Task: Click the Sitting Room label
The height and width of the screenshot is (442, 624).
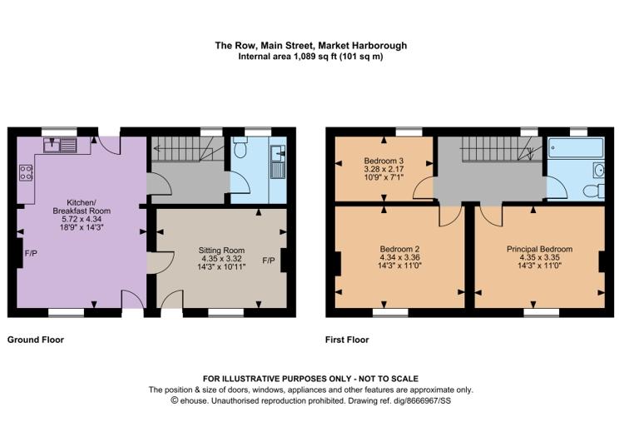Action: click(x=221, y=251)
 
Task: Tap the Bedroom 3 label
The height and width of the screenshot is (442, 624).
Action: click(x=384, y=161)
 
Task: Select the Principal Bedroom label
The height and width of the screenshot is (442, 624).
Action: click(x=539, y=249)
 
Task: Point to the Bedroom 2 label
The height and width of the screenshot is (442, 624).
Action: click(x=399, y=249)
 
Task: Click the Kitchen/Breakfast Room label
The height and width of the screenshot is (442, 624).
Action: click(x=82, y=206)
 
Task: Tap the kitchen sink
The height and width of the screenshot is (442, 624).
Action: click(x=60, y=145)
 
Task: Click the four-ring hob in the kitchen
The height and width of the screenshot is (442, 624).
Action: click(x=26, y=173)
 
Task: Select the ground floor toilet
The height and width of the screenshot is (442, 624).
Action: click(x=239, y=147)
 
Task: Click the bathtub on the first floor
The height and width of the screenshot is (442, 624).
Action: click(x=576, y=147)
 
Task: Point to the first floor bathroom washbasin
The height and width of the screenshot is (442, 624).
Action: click(x=599, y=171)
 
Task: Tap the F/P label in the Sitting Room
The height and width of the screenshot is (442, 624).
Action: click(x=269, y=261)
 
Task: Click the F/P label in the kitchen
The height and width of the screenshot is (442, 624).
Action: click(x=31, y=253)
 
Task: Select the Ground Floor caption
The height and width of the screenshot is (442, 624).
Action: click(x=36, y=340)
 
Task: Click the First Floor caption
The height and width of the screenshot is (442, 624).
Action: click(x=347, y=340)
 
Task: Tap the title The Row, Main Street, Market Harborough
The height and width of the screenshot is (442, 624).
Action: click(x=311, y=46)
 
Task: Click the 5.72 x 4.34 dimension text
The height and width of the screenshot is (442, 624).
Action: click(x=82, y=220)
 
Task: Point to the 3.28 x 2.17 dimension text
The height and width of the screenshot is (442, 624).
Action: click(x=384, y=169)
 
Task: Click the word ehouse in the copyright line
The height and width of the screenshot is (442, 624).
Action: click(x=194, y=401)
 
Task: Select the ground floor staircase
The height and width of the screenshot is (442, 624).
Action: click(x=186, y=149)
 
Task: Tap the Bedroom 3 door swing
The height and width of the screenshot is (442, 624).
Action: click(x=423, y=188)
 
